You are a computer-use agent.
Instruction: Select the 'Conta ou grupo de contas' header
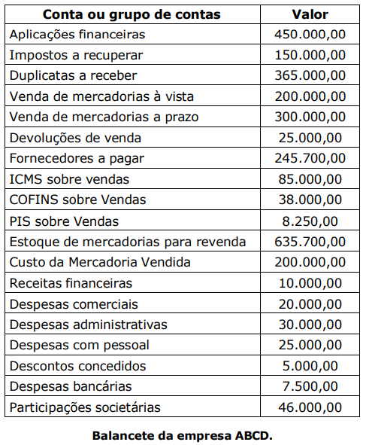[x=132, y=14]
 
